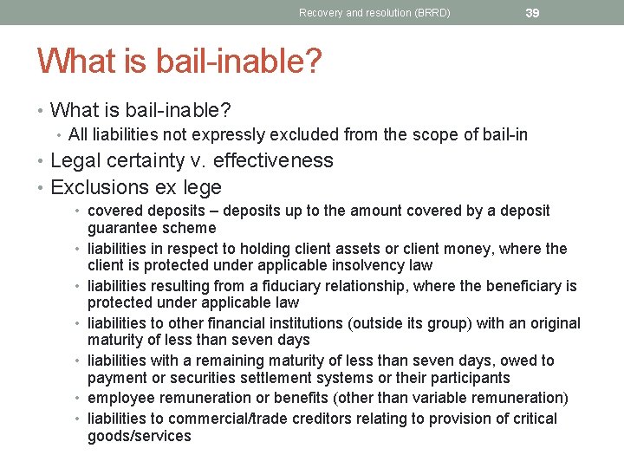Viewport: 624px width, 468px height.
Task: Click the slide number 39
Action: pos(532,12)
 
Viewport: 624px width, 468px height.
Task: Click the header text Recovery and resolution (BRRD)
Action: pos(374,13)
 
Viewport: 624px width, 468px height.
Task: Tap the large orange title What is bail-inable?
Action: pos(179,62)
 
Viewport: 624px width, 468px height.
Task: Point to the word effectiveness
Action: pos(273,160)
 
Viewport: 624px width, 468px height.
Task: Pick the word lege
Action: pos(201,187)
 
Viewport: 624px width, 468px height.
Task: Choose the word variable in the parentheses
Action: pos(437,398)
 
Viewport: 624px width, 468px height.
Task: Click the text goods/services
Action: pos(140,436)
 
